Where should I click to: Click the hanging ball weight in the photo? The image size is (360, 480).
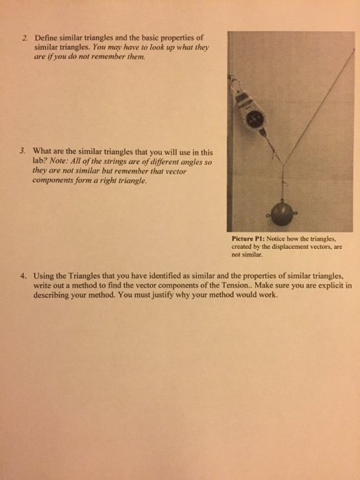(283, 213)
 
